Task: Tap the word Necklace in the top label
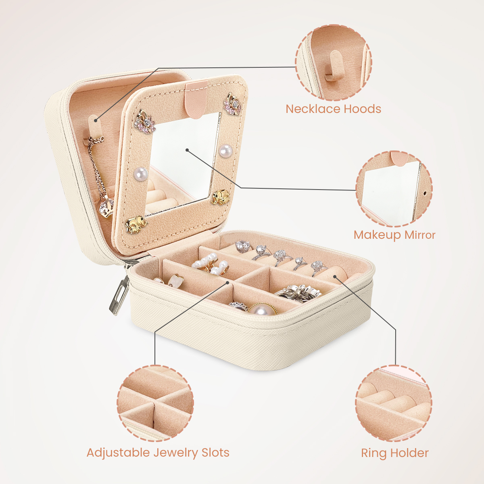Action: [313, 109]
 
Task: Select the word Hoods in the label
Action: [363, 109]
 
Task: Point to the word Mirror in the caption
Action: [420, 235]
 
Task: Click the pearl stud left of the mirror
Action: [140, 174]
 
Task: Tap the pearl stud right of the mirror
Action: [225, 151]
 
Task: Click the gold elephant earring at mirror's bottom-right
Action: [221, 198]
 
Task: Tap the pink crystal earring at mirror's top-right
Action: [233, 103]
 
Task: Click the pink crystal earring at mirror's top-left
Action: [145, 121]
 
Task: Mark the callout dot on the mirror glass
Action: [187, 150]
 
